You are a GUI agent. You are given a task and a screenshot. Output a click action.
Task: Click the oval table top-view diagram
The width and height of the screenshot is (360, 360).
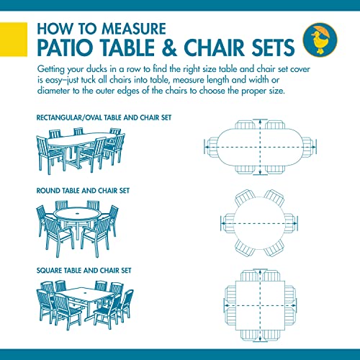[x=258, y=145]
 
